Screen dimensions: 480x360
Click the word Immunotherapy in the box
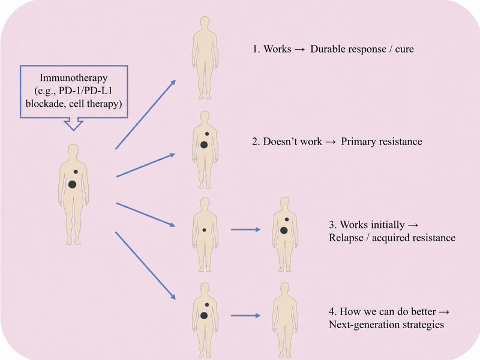point(73,78)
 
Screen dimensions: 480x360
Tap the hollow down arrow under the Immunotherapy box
point(73,124)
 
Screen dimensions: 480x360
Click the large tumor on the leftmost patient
point(72,184)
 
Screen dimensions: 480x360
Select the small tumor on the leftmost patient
point(76,172)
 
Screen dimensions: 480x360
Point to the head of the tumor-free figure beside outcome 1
point(205,23)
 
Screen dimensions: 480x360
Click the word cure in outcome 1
point(404,49)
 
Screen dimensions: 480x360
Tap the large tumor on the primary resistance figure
point(204,145)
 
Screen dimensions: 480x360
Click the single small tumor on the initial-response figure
point(204,230)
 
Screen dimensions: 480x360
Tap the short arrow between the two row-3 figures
point(245,229)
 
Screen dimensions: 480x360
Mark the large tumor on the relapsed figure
point(284,230)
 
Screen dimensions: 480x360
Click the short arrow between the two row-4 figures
point(245,316)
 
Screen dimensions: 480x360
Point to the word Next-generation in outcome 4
point(362,325)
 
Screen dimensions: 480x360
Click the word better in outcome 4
point(423,311)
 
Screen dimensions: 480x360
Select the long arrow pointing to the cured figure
point(145,115)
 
